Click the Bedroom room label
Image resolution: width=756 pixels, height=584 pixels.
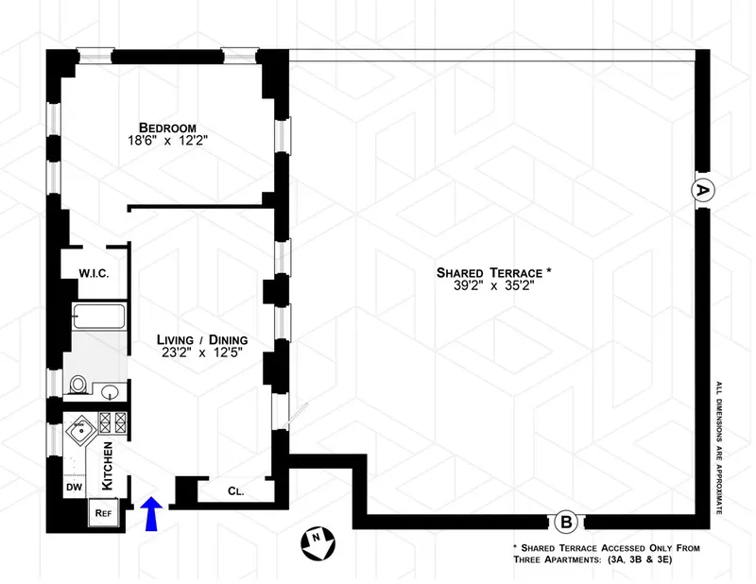pyautogui.click(x=166, y=128)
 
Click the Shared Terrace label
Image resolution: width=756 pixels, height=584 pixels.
pyautogui.click(x=492, y=273)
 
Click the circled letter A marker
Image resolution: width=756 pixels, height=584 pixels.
pyautogui.click(x=702, y=190)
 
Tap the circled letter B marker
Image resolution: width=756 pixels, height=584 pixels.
pyautogui.click(x=566, y=521)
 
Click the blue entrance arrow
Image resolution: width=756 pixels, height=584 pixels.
pyautogui.click(x=151, y=517)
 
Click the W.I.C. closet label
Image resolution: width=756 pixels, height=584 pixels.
pyautogui.click(x=94, y=274)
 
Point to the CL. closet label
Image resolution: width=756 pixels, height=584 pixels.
pyautogui.click(x=236, y=490)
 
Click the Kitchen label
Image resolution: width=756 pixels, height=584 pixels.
pyautogui.click(x=108, y=466)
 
